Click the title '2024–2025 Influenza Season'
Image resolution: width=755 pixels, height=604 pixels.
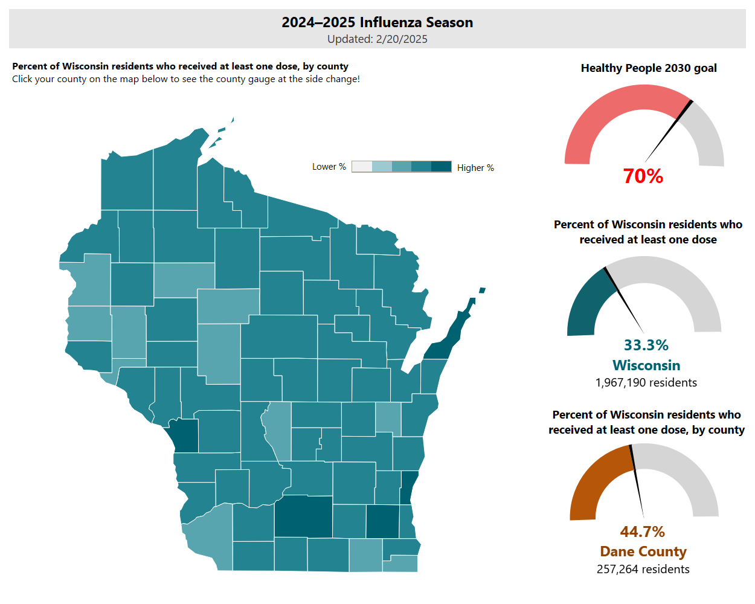[377, 22]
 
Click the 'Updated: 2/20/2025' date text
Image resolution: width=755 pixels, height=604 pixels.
[377, 39]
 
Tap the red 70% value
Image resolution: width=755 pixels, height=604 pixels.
[643, 176]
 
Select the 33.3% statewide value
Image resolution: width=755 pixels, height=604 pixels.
[646, 345]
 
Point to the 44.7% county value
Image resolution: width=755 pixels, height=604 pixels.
[642, 532]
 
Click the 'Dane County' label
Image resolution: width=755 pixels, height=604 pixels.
[643, 552]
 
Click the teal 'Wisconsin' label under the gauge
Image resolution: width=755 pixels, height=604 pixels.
[646, 365]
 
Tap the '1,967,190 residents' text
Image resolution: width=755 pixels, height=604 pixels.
[646, 383]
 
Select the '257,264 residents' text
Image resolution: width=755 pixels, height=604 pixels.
[643, 570]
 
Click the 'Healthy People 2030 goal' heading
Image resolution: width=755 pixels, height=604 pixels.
[648, 68]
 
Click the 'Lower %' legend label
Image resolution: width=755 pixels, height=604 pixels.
[329, 167]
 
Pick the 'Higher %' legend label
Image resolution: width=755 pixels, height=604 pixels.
[475, 168]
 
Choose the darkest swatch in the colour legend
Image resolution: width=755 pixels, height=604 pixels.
[442, 167]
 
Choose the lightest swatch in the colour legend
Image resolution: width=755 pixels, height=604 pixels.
[362, 167]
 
